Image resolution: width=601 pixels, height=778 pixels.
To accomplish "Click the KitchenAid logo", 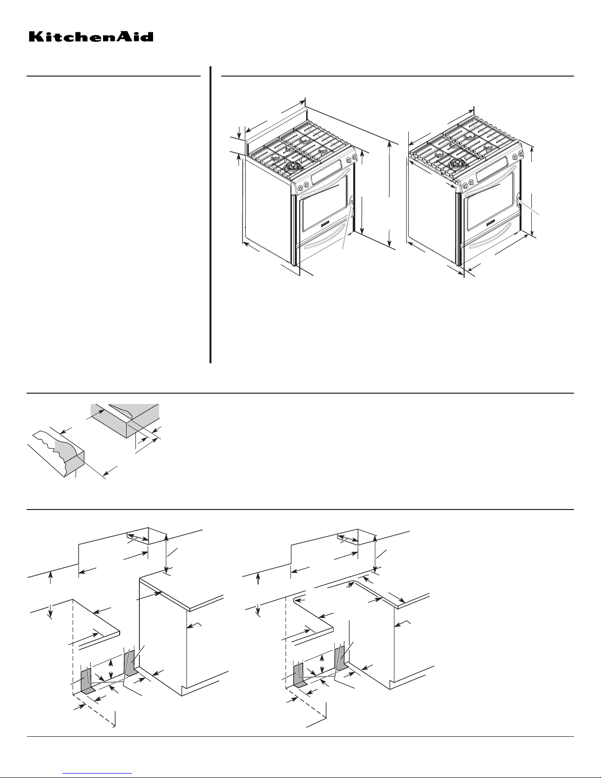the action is pos(91,36).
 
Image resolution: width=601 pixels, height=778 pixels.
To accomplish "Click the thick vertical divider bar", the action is pos(210,215).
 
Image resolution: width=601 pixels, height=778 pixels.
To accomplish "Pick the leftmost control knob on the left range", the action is pos(300,187).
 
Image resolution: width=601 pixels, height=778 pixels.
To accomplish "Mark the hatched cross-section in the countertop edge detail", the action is pos(122,411).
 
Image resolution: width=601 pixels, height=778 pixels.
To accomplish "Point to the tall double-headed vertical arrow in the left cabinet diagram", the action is pos(166,554).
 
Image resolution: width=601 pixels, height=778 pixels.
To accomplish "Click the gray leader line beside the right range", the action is pos(529,208).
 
